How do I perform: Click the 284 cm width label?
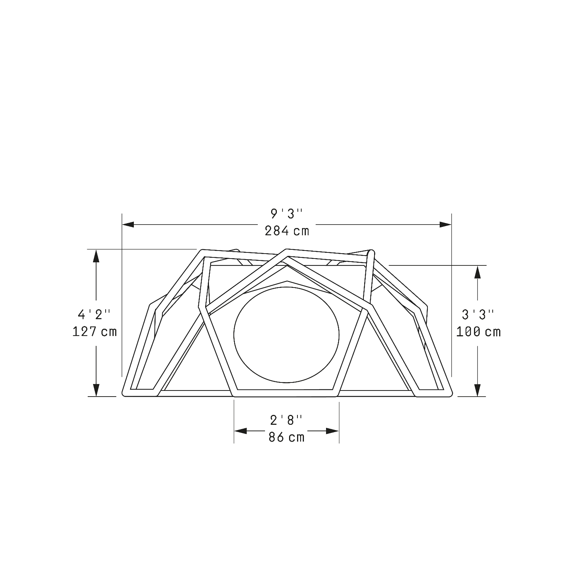click(287, 231)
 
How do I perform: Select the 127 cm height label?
click(95, 331)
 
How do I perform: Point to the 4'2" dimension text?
click(94, 315)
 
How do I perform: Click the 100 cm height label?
click(479, 332)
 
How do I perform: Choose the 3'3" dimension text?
click(478, 315)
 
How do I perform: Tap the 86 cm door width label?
click(287, 437)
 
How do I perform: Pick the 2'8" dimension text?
click(287, 420)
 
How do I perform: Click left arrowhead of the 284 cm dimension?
click(128, 225)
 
